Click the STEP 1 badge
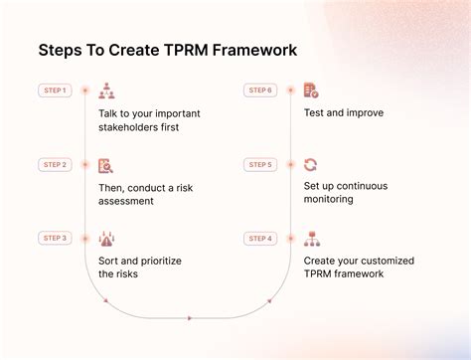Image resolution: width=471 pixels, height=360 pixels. point(55,90)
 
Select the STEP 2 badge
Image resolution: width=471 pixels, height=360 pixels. point(55,164)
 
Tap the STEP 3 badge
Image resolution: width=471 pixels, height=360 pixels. point(55,238)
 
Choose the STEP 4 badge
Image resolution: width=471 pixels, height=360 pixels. point(260,238)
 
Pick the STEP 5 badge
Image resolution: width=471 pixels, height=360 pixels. point(260,164)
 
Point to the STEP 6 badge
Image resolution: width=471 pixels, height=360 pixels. point(260,90)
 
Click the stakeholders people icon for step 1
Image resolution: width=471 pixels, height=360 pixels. point(106,90)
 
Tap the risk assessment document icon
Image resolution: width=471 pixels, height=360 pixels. point(106,165)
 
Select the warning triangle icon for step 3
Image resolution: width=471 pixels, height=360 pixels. point(106,239)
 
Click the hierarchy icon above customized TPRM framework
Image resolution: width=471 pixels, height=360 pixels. point(311,239)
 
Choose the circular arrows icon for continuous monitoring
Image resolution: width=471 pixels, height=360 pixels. point(311,165)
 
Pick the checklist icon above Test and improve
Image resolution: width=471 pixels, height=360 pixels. point(311,90)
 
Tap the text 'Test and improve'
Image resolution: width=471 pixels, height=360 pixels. point(343,113)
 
